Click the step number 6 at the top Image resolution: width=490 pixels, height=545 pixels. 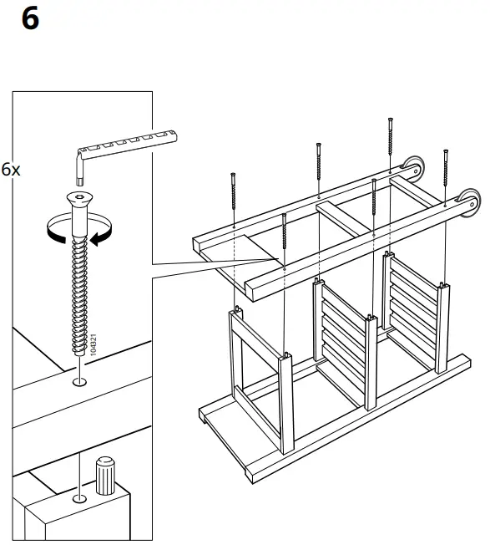[x=29, y=18]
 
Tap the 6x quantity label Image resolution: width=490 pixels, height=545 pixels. [x=11, y=170]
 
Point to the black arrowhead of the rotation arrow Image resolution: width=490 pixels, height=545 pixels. [x=99, y=240]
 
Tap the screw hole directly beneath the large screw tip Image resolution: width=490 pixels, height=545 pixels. [x=78, y=383]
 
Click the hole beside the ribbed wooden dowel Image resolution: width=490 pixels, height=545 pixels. [x=78, y=499]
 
